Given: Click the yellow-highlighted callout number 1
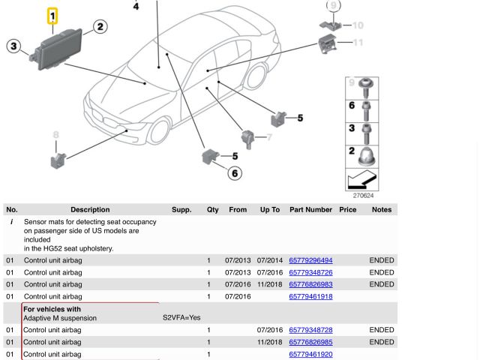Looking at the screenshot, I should click(52, 15).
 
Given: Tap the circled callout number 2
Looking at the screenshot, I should click(100, 27).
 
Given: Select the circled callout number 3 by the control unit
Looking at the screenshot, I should click(13, 46).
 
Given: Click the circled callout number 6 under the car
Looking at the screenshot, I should click(235, 173).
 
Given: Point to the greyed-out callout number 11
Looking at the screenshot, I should click(358, 43).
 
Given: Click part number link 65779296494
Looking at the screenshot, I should click(310, 260).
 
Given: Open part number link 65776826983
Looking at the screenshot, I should click(310, 284).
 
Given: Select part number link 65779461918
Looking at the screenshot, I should click(310, 296).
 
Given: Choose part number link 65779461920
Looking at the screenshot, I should click(310, 354).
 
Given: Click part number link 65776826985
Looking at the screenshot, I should click(310, 342).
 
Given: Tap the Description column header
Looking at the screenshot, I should click(90, 209).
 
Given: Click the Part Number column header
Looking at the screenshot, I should click(310, 209).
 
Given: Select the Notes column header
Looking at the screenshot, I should click(381, 209).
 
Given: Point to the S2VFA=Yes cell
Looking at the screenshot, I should click(181, 318).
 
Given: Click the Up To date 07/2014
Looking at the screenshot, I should click(270, 260).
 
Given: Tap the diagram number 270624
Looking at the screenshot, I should click(363, 196).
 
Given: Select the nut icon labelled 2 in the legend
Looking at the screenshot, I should click(367, 156).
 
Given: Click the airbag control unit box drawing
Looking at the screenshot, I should click(64, 49).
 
